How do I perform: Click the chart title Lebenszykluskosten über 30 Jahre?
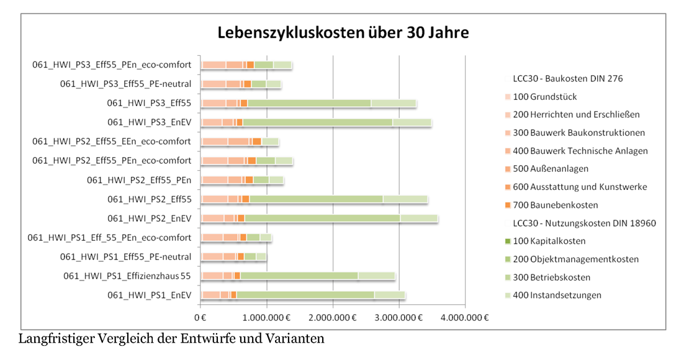(343, 32)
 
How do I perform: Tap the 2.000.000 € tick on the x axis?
(333, 318)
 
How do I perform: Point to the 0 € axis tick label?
(200, 318)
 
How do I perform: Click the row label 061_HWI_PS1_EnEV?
(150, 295)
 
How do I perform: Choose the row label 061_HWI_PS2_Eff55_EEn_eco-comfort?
(112, 142)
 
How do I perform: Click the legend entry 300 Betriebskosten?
(552, 277)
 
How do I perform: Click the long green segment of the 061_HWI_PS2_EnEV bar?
(322, 218)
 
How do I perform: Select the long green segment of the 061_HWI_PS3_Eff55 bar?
(308, 103)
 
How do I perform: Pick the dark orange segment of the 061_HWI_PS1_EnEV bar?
(233, 295)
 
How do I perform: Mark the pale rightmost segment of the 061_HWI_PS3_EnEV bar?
(412, 122)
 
